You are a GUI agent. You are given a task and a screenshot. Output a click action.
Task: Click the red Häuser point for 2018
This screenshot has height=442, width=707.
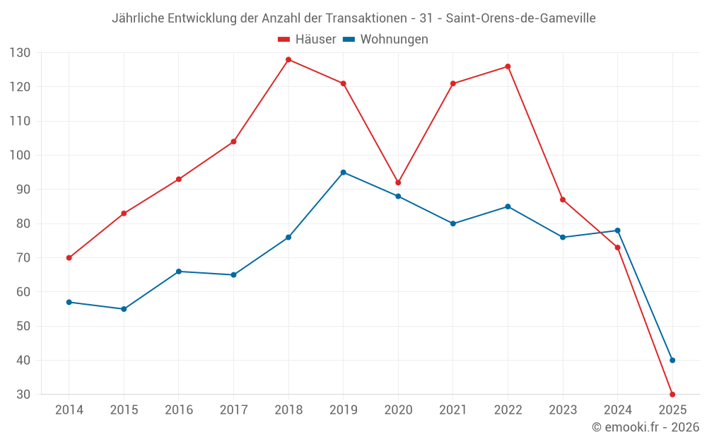(288, 59)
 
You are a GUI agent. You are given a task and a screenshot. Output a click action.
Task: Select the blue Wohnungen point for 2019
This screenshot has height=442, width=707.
(344, 173)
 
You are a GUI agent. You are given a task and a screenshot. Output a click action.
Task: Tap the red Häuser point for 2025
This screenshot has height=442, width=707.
(672, 395)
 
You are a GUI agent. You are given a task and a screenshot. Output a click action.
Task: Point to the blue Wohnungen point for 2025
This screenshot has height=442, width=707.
(672, 361)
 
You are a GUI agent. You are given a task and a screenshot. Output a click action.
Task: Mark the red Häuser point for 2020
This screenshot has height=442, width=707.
(398, 182)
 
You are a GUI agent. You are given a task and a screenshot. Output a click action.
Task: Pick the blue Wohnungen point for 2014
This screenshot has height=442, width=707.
(69, 302)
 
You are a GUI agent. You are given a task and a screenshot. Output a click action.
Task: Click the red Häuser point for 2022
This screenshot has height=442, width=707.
(508, 66)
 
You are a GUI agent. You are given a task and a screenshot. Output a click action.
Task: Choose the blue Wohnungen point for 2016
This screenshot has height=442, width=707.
(179, 272)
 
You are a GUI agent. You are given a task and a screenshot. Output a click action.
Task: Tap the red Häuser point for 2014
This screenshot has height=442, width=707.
(69, 258)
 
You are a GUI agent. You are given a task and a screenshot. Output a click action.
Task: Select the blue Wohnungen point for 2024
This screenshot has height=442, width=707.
(618, 231)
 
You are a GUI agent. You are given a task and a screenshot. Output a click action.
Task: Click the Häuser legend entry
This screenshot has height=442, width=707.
(308, 40)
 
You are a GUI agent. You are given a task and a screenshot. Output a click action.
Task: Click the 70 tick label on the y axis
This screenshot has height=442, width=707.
(23, 258)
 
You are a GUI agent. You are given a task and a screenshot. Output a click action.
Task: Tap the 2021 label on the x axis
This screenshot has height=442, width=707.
(453, 409)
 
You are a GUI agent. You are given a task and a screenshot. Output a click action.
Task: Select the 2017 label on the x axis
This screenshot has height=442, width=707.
(233, 409)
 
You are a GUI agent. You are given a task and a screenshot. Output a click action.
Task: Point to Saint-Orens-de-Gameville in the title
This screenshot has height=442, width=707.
(521, 18)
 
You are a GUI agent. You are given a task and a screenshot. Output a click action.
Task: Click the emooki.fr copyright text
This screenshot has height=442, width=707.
(645, 427)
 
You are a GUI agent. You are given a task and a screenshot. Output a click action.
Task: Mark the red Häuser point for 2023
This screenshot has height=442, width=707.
(563, 199)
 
